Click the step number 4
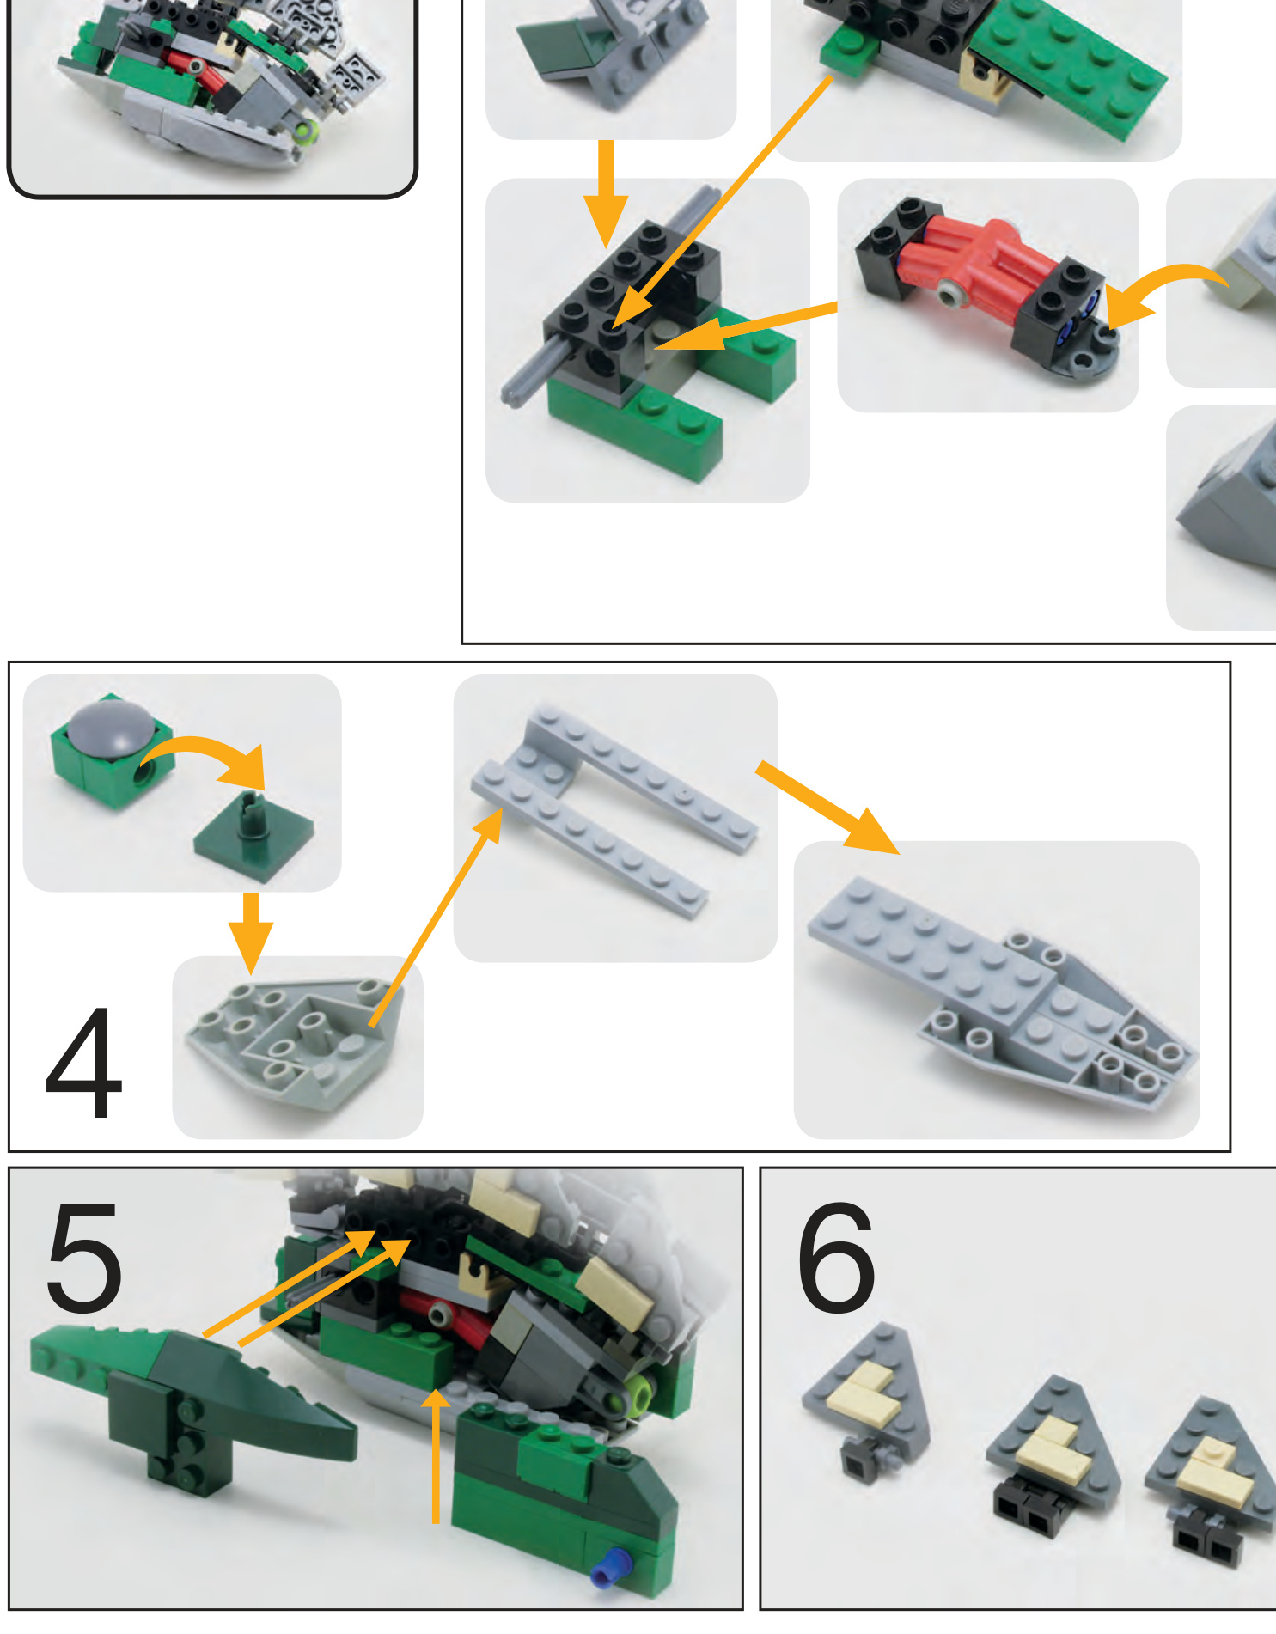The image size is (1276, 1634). [x=83, y=1064]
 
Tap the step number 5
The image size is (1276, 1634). [x=83, y=1257]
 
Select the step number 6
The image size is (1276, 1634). [x=835, y=1257]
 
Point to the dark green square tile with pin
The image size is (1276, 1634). [x=253, y=840]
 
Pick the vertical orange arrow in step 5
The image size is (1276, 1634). [x=437, y=1456]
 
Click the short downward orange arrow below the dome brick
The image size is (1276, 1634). [x=251, y=933]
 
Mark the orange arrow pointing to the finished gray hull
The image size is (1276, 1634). [x=828, y=808]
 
